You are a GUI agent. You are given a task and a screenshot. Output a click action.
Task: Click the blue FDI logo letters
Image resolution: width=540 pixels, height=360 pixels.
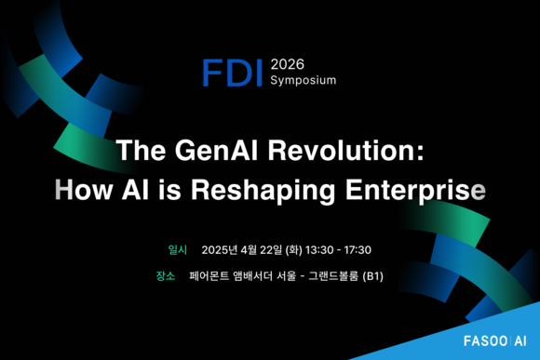pyautogui.click(x=234, y=72)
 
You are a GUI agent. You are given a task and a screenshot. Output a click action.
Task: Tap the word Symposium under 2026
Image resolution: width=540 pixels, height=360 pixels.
pyautogui.click(x=303, y=81)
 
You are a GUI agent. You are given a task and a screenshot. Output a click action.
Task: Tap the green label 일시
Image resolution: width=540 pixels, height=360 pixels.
pyautogui.click(x=177, y=250)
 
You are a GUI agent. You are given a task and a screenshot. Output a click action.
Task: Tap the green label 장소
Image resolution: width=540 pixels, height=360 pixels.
pyautogui.click(x=166, y=276)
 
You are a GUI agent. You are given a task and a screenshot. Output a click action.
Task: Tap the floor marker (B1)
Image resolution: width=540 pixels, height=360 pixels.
pyautogui.click(x=372, y=276)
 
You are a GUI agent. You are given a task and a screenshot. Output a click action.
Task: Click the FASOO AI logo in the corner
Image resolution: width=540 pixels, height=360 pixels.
pyautogui.click(x=496, y=340)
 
